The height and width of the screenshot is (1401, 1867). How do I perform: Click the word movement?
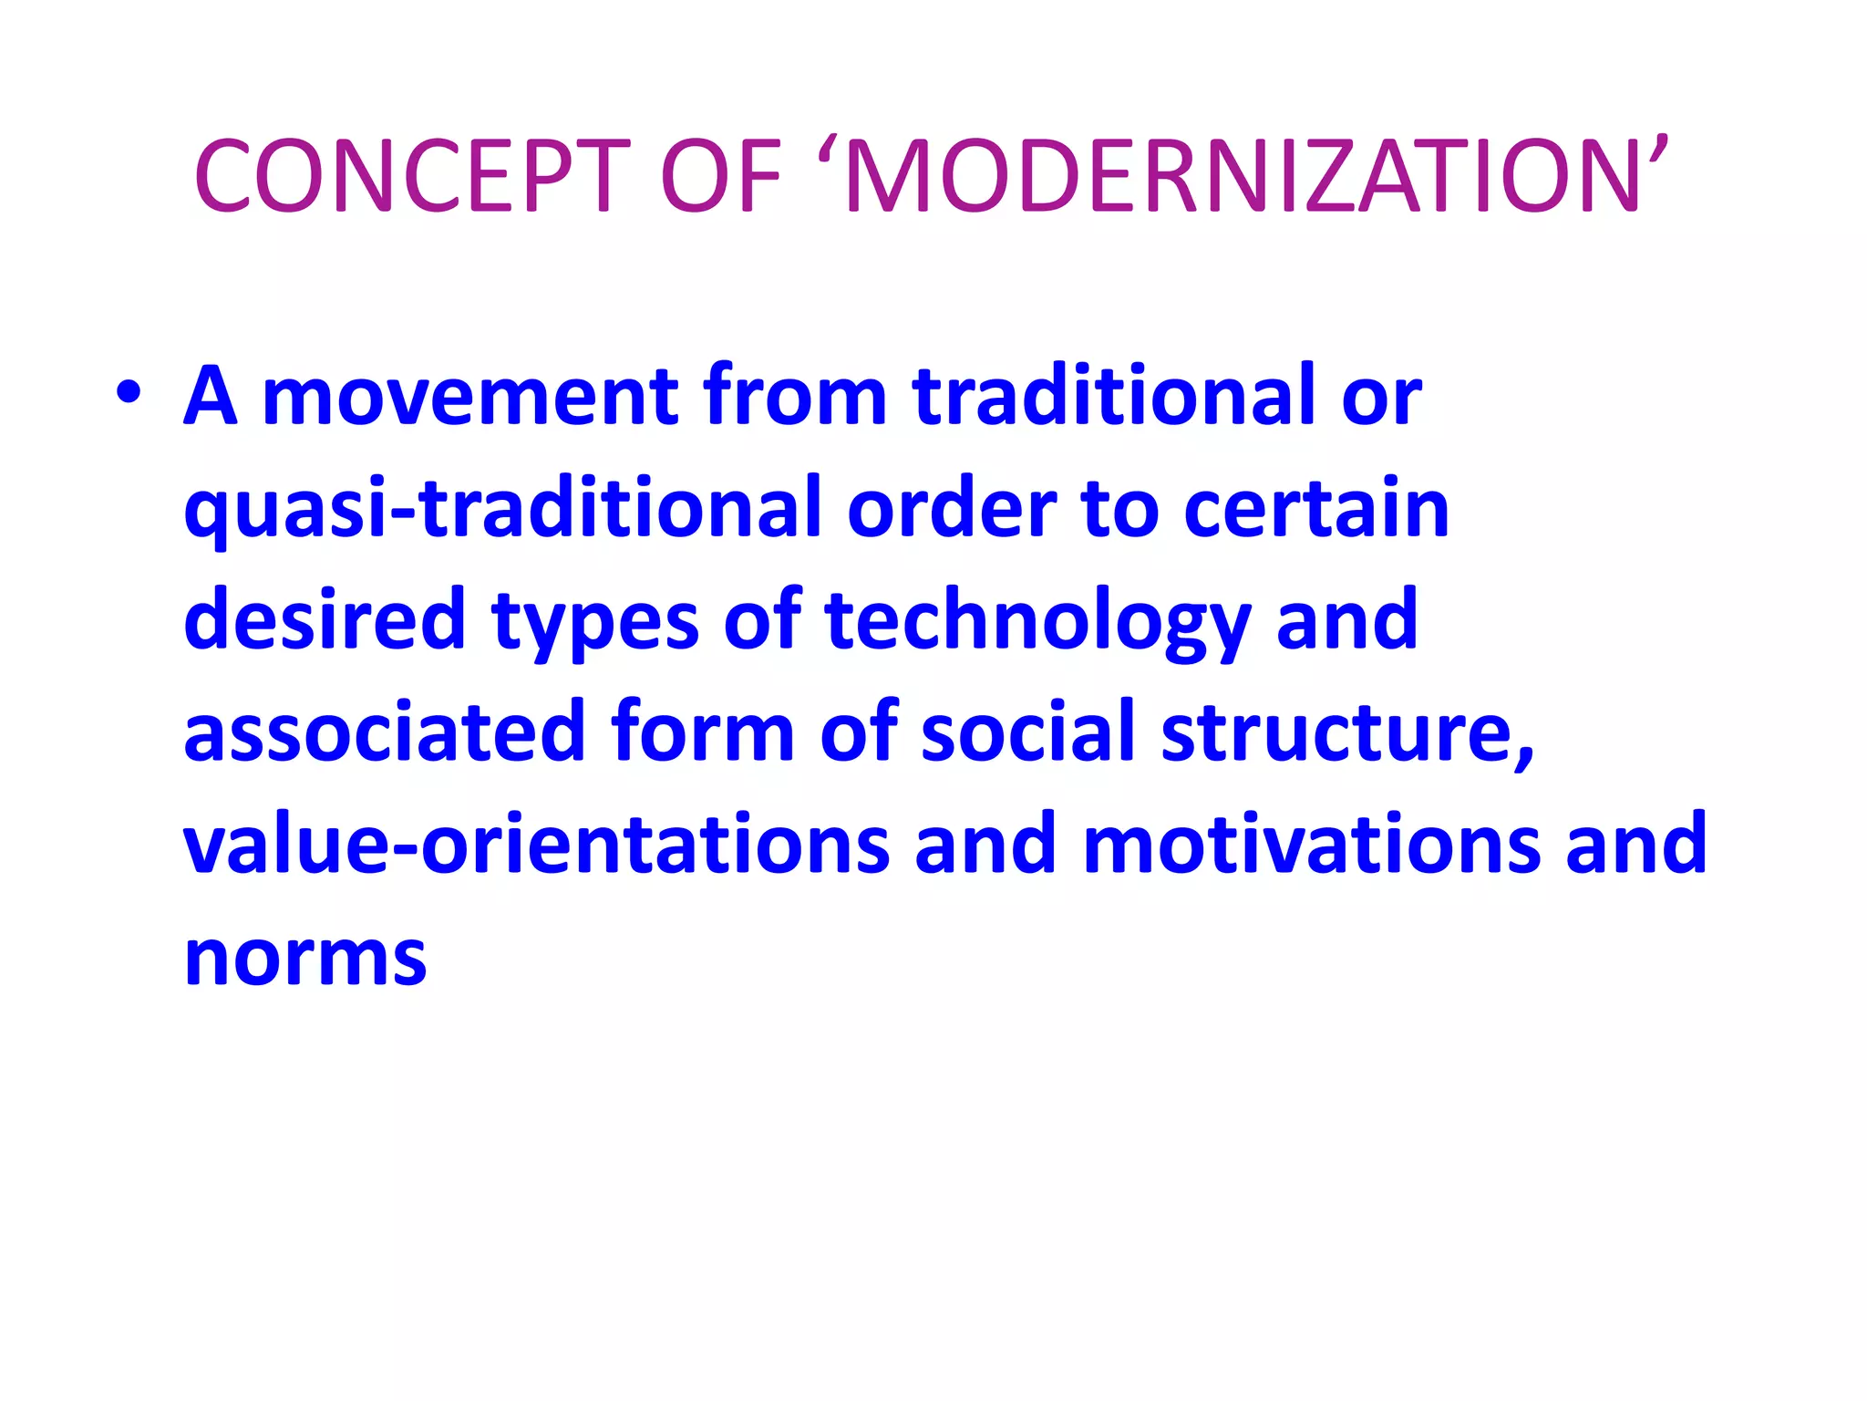point(469,397)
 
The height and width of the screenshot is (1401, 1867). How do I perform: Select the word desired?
point(325,620)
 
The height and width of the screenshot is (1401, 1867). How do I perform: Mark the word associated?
point(384,732)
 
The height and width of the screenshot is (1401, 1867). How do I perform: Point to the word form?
point(703,732)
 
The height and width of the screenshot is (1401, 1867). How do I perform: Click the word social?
point(1029,732)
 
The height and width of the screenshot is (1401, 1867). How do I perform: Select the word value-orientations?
point(536,845)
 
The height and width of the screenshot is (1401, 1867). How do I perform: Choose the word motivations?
point(1312,845)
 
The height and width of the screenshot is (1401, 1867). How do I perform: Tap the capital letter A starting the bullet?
point(211,397)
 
